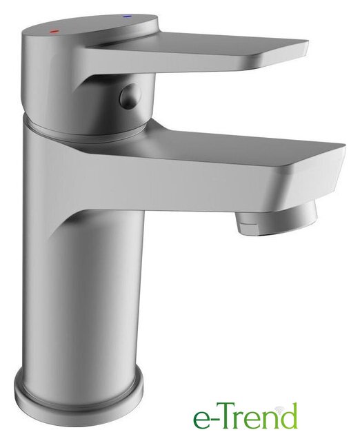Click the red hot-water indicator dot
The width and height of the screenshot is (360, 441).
[x=54, y=32]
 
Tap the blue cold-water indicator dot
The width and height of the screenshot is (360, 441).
[x=127, y=17]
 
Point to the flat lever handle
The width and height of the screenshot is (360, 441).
[x=197, y=50]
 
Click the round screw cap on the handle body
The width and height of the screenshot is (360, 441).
[x=131, y=96]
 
